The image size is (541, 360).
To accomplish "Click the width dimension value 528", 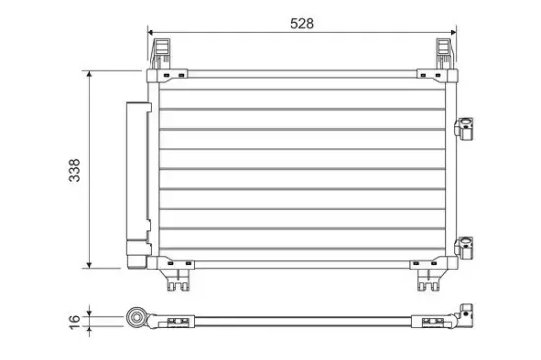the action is pyautogui.click(x=302, y=24).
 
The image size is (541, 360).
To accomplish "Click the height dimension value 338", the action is pyautogui.click(x=75, y=170).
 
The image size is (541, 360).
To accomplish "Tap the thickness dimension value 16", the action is pyautogui.click(x=75, y=322).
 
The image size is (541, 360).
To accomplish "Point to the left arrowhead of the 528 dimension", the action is pyautogui.click(x=150, y=32).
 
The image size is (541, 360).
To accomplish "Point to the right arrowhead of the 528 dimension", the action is pyautogui.click(x=453, y=32).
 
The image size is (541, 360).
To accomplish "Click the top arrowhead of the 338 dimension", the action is pyautogui.click(x=90, y=74).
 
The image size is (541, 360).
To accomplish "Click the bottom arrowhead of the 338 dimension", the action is pyautogui.click(x=90, y=265).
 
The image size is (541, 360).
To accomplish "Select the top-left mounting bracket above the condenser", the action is pyautogui.click(x=160, y=53).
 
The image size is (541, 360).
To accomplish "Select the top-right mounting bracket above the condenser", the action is pyautogui.click(x=445, y=53).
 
